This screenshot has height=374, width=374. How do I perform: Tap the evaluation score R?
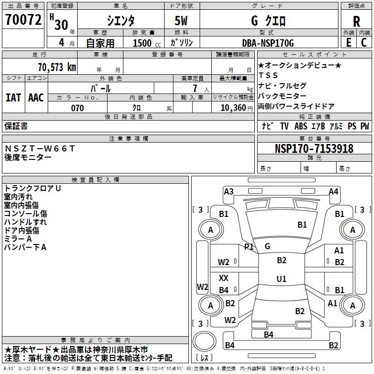tap(356, 21)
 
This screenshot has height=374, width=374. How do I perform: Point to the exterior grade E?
tap(348, 42)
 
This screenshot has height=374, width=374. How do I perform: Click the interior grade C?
tap(364, 42)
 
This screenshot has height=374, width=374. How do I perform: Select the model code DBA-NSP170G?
tap(268, 43)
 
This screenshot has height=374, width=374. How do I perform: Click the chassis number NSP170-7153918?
tap(314, 149)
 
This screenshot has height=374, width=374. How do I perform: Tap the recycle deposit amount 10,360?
tap(234, 108)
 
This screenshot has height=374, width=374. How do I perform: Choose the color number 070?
tap(77, 108)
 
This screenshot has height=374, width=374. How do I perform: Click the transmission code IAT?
tap(13, 98)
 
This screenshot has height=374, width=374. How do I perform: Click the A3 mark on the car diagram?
tap(229, 191)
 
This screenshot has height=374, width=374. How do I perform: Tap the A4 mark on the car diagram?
tap(333, 191)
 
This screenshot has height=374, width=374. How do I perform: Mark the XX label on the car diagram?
tap(224, 278)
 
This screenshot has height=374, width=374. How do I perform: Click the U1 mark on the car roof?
tap(281, 279)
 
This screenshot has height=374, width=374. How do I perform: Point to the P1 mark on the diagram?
tap(249, 246)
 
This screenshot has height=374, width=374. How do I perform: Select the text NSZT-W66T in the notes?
tap(40, 149)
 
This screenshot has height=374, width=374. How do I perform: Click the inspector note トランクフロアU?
tap(32, 188)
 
